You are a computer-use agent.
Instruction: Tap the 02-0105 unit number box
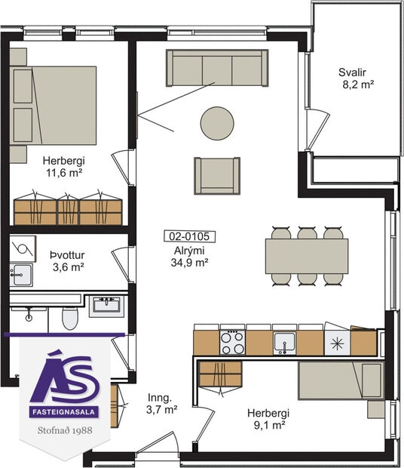[x=188, y=236]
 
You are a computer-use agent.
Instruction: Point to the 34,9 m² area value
[x=188, y=263]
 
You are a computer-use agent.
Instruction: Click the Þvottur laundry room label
[x=66, y=254]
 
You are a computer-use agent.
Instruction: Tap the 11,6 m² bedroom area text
[x=63, y=172]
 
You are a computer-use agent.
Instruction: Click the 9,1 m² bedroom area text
[x=268, y=426]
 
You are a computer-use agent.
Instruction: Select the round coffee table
[x=216, y=123]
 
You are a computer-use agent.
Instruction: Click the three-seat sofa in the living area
[x=217, y=69]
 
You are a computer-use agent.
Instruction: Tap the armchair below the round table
[x=217, y=175]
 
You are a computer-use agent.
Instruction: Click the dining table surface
[x=307, y=256]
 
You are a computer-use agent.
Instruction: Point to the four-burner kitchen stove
[x=232, y=342]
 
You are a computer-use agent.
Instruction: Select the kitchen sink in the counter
[x=284, y=342]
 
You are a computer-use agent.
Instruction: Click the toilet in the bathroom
[x=69, y=319]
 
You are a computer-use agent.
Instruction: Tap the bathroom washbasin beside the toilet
[x=106, y=306]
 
